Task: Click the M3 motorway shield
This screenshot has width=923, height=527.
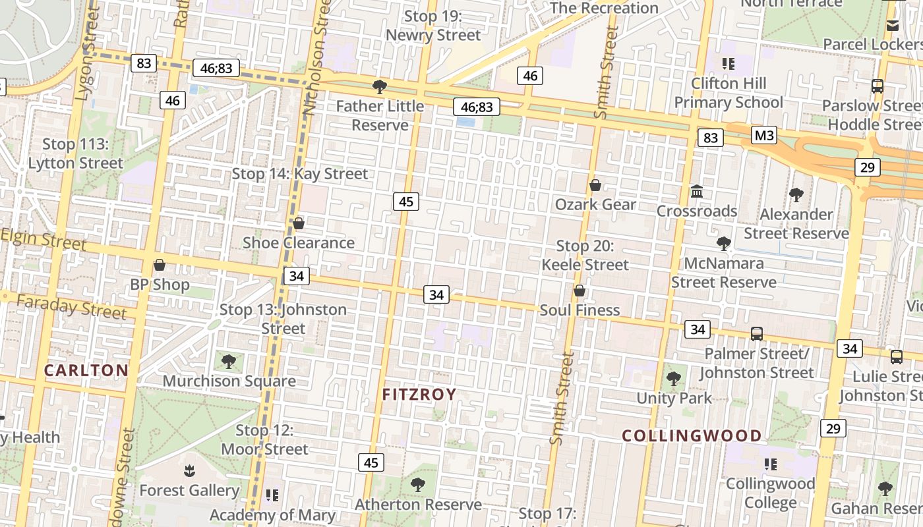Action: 764,136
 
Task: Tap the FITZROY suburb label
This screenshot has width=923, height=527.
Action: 419,395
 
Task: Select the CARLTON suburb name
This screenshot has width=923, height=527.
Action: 86,370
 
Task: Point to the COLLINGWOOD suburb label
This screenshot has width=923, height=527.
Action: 692,435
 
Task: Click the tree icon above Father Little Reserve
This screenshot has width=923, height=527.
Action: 379,86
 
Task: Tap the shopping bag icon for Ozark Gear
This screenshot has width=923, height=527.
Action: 595,185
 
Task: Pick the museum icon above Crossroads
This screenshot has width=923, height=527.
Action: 696,192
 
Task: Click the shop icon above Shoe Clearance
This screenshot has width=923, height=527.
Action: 298,223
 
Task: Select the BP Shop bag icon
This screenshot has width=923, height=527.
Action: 159,265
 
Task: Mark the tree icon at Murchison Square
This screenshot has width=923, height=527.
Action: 229,361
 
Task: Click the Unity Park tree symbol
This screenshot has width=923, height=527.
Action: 673,378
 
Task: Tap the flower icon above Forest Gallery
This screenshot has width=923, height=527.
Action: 189,470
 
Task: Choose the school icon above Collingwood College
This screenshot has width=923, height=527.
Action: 770,464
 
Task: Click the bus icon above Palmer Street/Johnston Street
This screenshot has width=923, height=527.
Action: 756,334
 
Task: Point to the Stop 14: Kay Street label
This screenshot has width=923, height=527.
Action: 300,174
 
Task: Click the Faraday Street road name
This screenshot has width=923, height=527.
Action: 71,306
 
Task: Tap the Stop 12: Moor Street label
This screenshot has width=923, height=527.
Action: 264,440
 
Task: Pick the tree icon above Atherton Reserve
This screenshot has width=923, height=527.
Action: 417,485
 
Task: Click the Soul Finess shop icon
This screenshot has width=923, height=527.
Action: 580,291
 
